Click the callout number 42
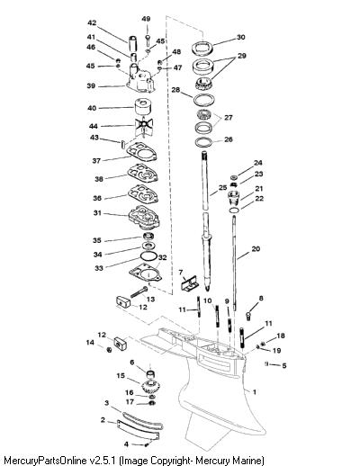click(92, 22)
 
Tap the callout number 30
click(241, 37)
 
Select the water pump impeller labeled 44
click(144, 127)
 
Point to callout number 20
click(256, 248)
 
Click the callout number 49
click(146, 19)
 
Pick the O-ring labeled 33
click(148, 256)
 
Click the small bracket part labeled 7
click(189, 282)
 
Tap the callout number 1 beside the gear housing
click(255, 391)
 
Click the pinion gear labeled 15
click(151, 387)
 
